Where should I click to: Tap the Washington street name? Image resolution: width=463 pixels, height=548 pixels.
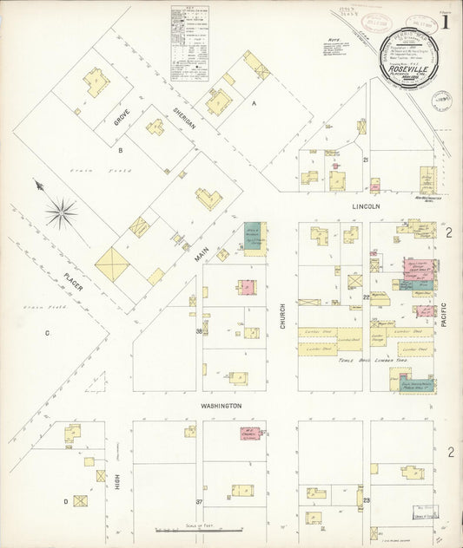221,405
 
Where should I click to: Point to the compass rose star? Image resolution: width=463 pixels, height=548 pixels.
61,212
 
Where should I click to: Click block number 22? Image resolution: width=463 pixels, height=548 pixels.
367,297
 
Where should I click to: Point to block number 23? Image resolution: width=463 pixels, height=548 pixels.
367,500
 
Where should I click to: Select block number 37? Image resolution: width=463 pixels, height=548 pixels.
199,501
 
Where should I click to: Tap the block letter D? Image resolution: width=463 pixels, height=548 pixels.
65,501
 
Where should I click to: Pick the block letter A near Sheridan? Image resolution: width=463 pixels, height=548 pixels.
255,102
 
